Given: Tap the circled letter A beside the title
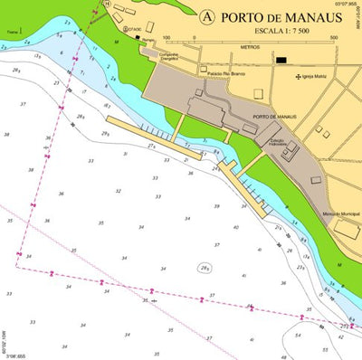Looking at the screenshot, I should [207, 16].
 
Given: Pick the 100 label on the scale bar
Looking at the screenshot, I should [167, 38].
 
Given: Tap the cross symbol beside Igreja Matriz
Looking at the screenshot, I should [299, 77].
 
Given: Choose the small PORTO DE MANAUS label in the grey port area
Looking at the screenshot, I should [274, 117].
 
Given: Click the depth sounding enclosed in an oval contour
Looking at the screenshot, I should [205, 268].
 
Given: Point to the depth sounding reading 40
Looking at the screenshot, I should [236, 226].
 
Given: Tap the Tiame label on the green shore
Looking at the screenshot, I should [11, 32].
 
